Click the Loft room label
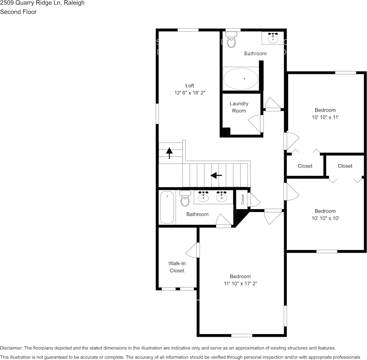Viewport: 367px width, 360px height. coord(189,85)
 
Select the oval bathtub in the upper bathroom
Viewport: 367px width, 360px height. coord(240,79)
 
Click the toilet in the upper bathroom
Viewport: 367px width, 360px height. coord(231,40)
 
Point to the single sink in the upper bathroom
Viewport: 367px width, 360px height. coord(273,38)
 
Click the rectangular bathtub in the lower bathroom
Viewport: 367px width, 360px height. coord(167,207)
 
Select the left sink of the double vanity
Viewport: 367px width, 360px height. coord(204,196)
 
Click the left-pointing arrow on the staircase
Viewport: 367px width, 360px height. coord(216,175)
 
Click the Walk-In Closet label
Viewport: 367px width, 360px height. coord(177,267)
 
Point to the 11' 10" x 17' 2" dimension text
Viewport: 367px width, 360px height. coord(240,284)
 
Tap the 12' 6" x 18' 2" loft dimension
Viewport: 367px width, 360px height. coord(189,92)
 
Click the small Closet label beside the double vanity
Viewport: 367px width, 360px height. coord(243,199)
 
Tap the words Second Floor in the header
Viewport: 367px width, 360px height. coord(18,12)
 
